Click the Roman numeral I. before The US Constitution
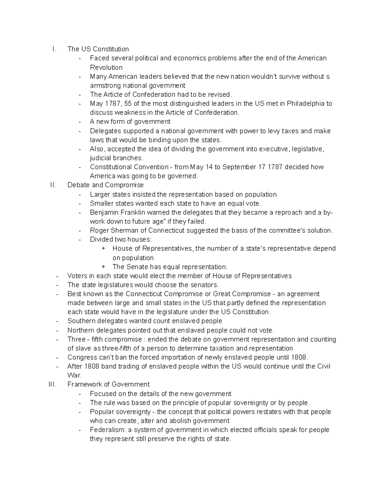click(55, 49)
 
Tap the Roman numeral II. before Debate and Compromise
click(53, 185)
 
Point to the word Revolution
click(106, 68)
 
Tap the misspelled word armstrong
click(105, 85)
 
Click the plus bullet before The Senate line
click(103, 267)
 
